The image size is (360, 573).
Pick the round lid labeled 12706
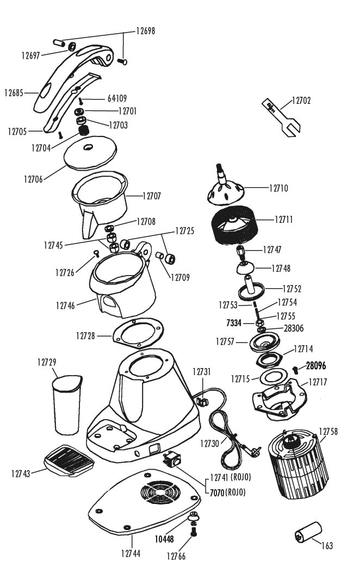(x=90, y=152)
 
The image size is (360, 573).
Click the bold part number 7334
(x=235, y=323)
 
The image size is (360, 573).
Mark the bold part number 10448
(x=164, y=539)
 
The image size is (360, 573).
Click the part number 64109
(x=117, y=99)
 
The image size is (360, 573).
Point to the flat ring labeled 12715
(x=271, y=378)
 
